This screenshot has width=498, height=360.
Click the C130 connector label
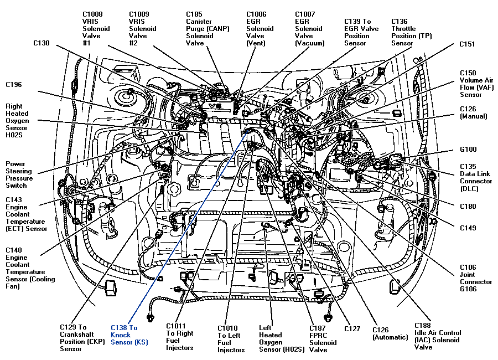tap(41, 43)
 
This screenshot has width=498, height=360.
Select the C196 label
tap(14, 85)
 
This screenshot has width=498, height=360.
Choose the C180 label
tap(468, 207)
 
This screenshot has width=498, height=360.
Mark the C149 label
tap(468, 228)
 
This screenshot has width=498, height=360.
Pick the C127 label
tap(352, 328)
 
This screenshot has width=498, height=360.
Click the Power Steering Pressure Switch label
tap(19, 174)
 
